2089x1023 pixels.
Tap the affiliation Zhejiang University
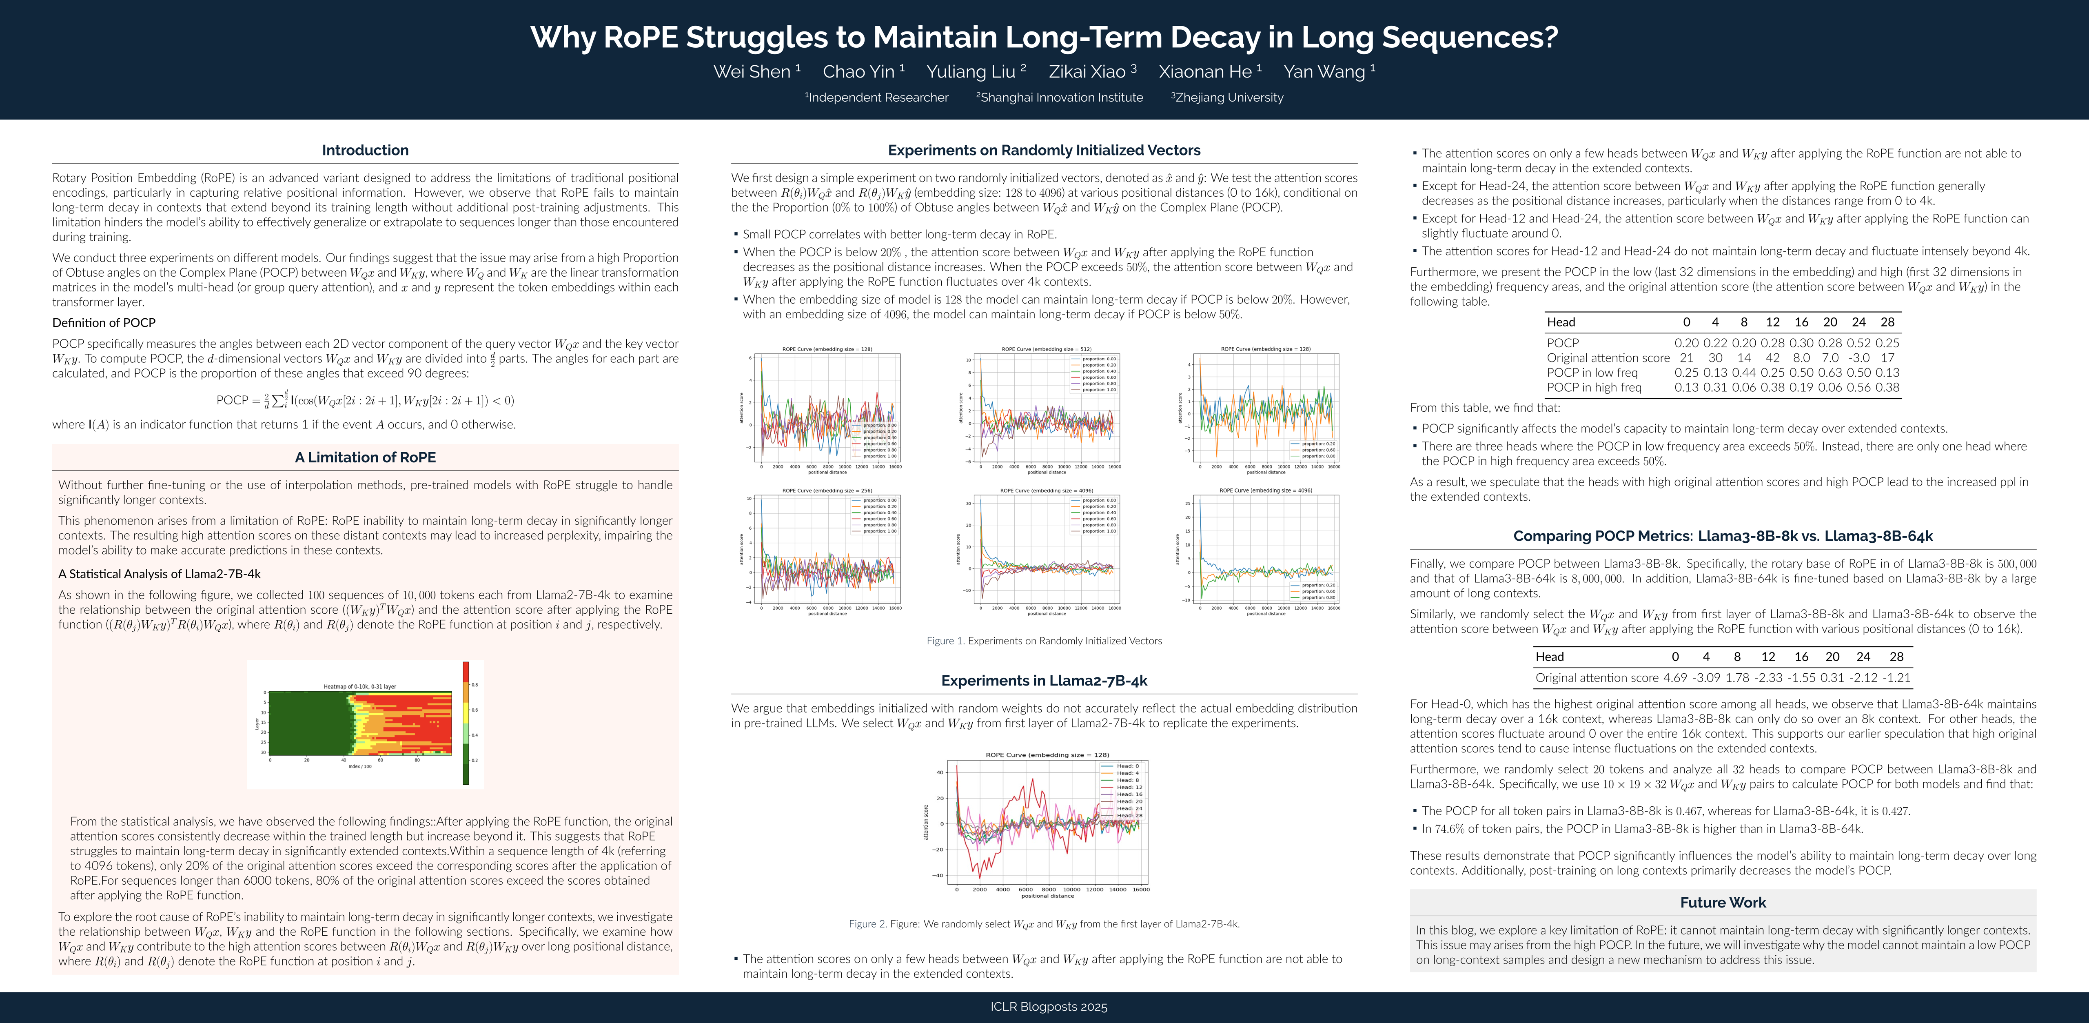(1229, 98)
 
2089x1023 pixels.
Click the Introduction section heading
(365, 150)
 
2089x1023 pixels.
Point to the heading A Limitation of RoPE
(365, 457)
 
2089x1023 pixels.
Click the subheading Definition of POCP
(104, 323)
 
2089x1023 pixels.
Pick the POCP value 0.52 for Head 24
(1859, 343)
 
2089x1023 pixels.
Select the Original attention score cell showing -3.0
(1859, 358)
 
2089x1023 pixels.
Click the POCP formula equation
(365, 400)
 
